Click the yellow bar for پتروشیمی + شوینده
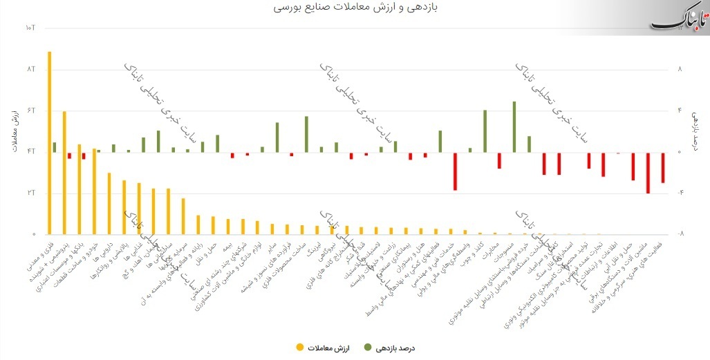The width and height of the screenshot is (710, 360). click(x=64, y=173)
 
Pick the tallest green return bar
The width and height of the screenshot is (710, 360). click(x=514, y=126)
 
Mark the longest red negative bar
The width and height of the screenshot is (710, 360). click(x=648, y=173)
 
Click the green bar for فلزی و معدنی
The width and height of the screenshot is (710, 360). click(x=55, y=147)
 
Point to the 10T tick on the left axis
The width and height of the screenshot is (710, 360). click(x=29, y=28)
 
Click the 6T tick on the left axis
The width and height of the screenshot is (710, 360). click(x=30, y=111)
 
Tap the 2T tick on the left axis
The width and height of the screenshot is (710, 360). click(x=30, y=193)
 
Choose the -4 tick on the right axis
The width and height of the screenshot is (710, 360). click(x=680, y=193)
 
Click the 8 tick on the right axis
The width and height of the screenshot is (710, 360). click(x=680, y=70)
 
